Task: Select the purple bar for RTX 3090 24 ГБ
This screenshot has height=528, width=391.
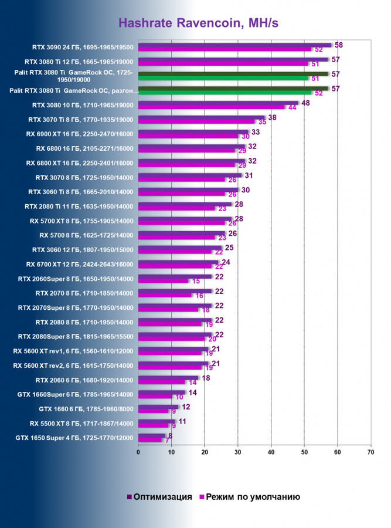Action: click(x=234, y=45)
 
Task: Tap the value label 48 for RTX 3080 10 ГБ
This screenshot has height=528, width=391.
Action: click(x=305, y=103)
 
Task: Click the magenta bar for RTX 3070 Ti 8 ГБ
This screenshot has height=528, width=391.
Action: click(x=197, y=121)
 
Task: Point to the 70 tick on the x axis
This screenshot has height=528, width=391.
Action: click(x=370, y=452)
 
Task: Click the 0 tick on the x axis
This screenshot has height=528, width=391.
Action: click(x=138, y=452)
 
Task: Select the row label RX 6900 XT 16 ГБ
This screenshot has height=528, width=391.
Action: click(x=80, y=134)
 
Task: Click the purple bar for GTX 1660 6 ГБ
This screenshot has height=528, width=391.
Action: click(x=158, y=407)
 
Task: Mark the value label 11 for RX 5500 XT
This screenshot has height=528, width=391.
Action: click(x=182, y=421)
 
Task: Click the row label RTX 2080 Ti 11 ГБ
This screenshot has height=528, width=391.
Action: click(x=79, y=207)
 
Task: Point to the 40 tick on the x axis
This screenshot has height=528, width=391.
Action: click(x=271, y=452)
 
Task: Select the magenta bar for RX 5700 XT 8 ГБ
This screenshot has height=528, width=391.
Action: click(x=182, y=223)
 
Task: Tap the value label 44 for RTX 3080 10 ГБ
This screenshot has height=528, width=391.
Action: click(x=291, y=108)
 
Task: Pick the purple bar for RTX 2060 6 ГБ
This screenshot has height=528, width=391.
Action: click(x=168, y=378)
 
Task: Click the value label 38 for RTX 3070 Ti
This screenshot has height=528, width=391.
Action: click(x=272, y=117)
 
